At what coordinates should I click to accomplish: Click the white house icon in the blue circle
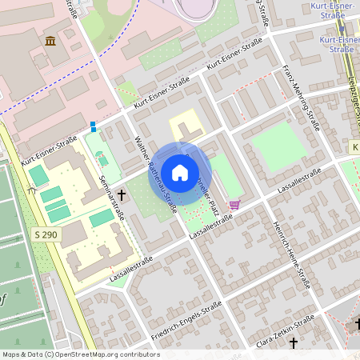(x=180, y=172)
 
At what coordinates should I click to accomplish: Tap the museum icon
(x=50, y=41)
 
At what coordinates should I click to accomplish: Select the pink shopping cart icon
(x=234, y=204)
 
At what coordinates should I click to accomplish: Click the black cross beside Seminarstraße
(x=122, y=194)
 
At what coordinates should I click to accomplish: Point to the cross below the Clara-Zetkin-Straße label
(x=294, y=342)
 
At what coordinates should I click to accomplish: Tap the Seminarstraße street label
(x=111, y=197)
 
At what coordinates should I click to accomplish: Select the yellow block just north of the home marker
(x=186, y=128)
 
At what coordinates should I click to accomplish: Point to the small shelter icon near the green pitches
(x=31, y=190)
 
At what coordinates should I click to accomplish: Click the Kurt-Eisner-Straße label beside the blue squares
(x=50, y=149)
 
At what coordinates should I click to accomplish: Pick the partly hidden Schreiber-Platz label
(x=211, y=192)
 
